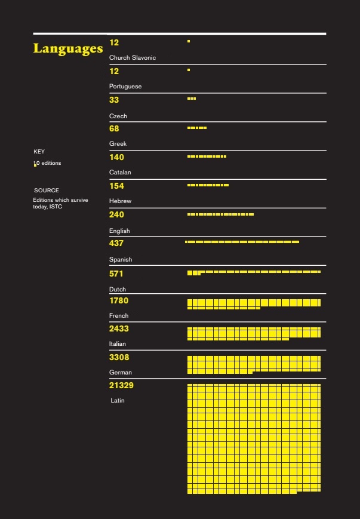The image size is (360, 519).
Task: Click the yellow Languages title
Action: click(x=68, y=48)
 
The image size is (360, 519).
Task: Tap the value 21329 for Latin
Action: click(x=121, y=385)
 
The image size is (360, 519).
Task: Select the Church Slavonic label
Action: click(x=133, y=57)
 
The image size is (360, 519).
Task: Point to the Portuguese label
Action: click(x=125, y=87)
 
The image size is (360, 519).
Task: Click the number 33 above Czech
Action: click(x=114, y=100)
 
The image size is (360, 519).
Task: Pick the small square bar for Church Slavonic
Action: click(x=189, y=41)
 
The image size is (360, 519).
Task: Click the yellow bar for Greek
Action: click(x=197, y=128)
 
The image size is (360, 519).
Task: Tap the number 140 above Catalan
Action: click(x=116, y=157)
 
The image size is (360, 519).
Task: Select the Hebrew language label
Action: click(x=120, y=201)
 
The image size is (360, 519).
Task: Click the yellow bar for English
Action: click(x=220, y=214)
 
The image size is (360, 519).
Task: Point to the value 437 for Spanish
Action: click(x=116, y=243)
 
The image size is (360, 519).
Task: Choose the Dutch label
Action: click(x=118, y=289)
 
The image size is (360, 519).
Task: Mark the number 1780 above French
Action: click(x=119, y=300)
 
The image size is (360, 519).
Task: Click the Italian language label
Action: click(x=118, y=343)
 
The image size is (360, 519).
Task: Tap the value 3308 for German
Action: click(x=119, y=358)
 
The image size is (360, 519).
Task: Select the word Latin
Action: click(x=118, y=401)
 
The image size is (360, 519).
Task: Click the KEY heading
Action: click(x=39, y=152)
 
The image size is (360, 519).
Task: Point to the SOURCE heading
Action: click(x=47, y=191)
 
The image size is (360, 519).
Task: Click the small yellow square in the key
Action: click(x=35, y=165)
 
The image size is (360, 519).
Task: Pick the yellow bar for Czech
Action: click(x=192, y=99)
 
